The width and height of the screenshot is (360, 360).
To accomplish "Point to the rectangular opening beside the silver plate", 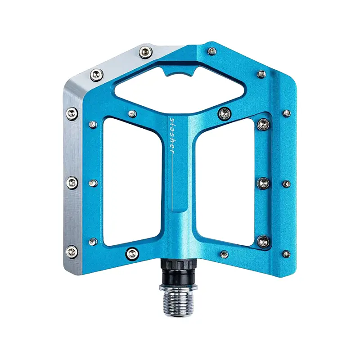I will tap(130, 178).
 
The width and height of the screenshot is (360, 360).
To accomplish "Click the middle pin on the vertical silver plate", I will tap(73, 182).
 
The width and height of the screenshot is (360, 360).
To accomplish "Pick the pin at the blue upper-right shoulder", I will tap(261, 73).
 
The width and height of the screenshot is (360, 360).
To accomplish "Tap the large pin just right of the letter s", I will tap(223, 112).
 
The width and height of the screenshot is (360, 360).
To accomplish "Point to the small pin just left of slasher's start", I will tap(132, 114).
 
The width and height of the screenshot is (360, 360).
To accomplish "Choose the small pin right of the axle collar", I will tap(224, 254).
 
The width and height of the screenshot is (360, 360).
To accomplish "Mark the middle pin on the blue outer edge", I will tap(286, 184).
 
